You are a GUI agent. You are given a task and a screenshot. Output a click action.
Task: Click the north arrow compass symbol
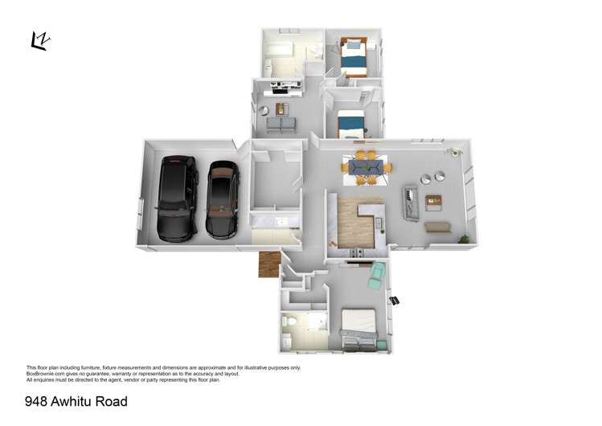[39, 41]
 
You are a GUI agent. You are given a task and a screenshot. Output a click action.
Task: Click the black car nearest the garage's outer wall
[177, 198]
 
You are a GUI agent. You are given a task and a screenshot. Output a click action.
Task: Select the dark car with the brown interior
[223, 199]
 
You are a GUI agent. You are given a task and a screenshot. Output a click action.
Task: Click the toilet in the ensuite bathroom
[291, 327]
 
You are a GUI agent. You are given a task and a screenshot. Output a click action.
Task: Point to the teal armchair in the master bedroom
[377, 276]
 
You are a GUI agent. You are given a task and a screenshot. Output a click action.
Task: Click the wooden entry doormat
[268, 264]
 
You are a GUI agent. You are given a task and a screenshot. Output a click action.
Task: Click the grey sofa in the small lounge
[281, 125]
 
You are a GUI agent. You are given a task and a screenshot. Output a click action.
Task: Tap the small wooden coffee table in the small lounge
[281, 109]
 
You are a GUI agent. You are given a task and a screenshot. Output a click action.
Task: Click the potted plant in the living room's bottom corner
[464, 238]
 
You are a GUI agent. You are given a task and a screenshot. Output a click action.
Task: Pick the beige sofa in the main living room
[437, 227]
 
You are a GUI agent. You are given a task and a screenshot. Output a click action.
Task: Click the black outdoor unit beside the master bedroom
[395, 300]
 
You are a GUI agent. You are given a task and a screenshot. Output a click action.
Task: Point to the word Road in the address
[113, 401]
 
